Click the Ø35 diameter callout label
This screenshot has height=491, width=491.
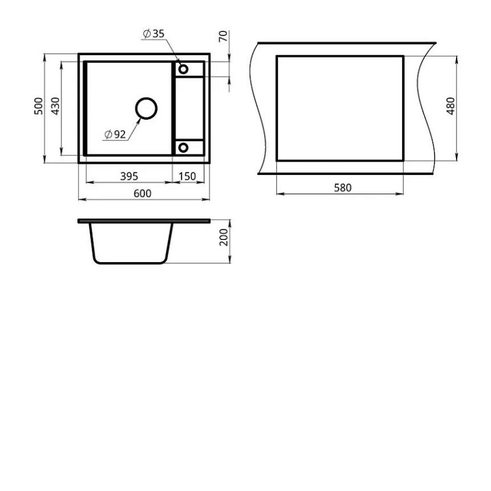(153, 34)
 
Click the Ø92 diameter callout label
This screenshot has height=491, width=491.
(115, 134)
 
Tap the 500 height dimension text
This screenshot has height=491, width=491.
(39, 106)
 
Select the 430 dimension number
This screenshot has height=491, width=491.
(55, 106)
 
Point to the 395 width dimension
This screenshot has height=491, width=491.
(129, 176)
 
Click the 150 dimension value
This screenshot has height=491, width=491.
(187, 176)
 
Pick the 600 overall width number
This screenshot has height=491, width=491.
(142, 193)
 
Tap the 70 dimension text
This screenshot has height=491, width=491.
(223, 36)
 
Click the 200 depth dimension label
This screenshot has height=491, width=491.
(223, 237)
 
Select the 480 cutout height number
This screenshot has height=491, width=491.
(450, 106)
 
